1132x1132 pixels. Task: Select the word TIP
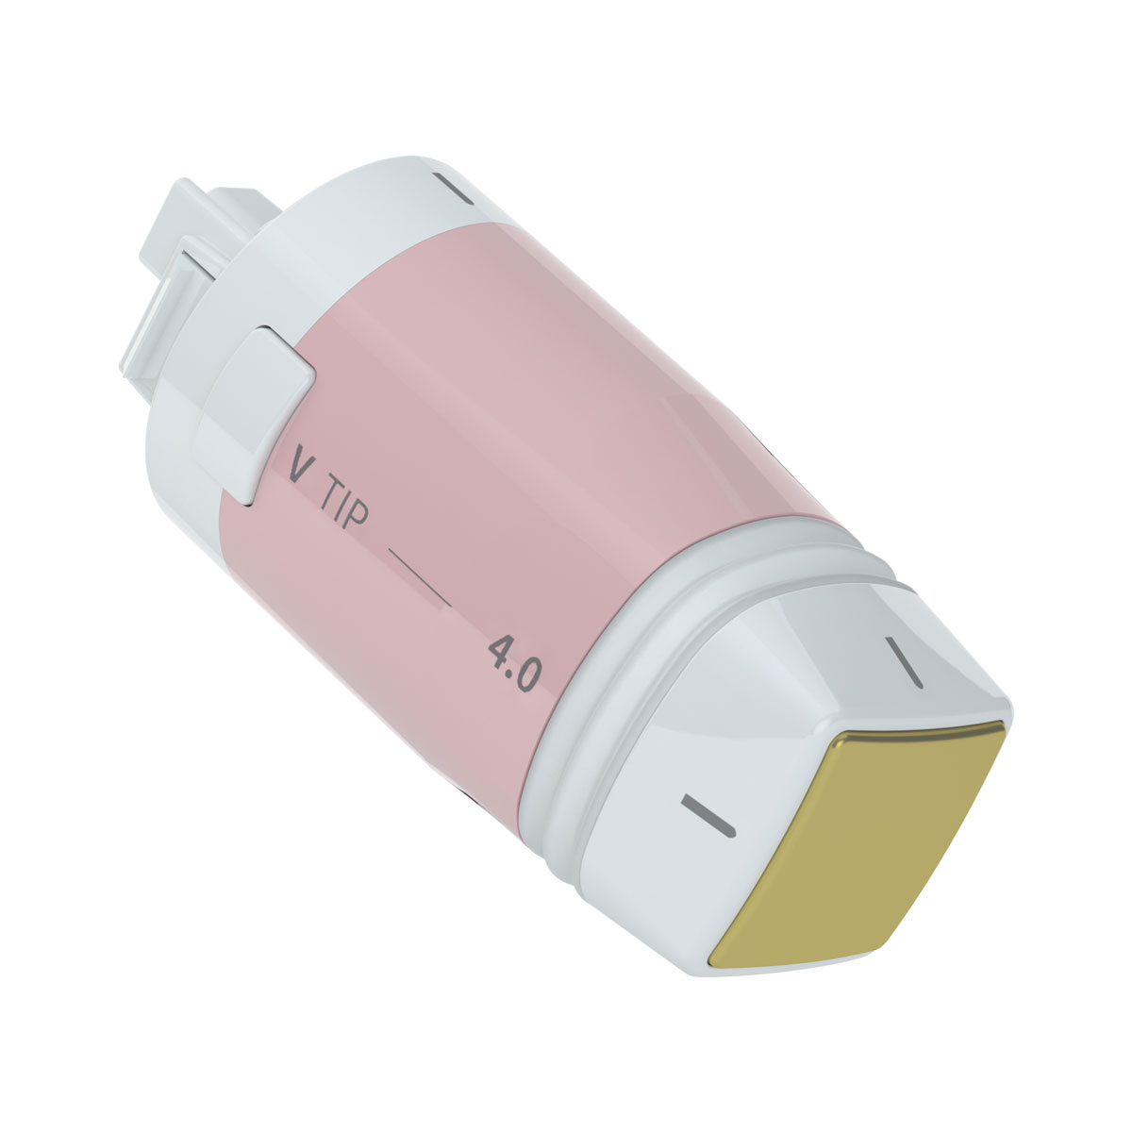click(x=345, y=507)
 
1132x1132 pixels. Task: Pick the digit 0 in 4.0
click(x=528, y=677)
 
